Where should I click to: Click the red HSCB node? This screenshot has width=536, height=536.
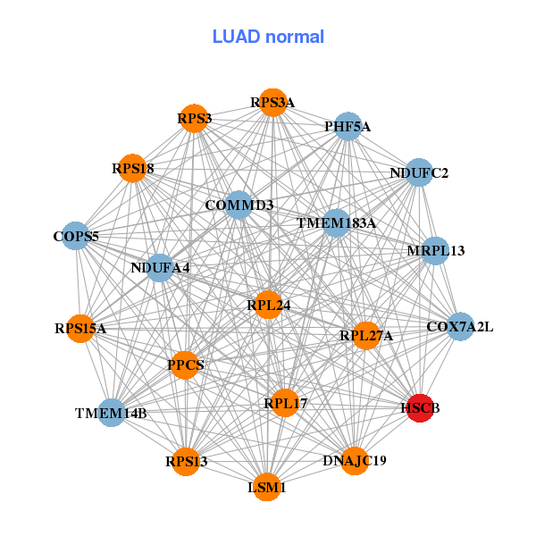click(420, 408)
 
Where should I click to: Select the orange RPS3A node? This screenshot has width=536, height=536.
click(272, 103)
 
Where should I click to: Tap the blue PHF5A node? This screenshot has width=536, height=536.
click(348, 126)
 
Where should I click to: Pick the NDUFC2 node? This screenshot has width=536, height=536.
click(419, 172)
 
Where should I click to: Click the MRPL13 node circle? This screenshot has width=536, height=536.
click(435, 251)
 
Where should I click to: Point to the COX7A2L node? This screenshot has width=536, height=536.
click(460, 326)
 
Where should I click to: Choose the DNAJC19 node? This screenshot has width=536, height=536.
click(355, 461)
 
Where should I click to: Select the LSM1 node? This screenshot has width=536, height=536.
click(267, 487)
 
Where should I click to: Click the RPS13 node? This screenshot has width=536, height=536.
click(186, 462)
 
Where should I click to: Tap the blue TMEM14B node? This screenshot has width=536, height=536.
click(112, 413)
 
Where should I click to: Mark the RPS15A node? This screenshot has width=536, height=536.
click(80, 329)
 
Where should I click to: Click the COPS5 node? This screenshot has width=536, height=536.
click(76, 236)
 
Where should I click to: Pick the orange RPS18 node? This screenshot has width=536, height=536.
click(132, 168)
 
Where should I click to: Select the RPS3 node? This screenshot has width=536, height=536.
click(194, 118)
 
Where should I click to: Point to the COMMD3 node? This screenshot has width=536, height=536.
click(239, 205)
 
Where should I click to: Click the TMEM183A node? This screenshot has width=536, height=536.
click(337, 222)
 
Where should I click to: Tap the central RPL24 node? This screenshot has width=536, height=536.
click(268, 305)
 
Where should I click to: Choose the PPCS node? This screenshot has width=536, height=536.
click(185, 365)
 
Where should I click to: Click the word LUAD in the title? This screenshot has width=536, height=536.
click(236, 37)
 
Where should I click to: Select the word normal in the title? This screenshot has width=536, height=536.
click(295, 37)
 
